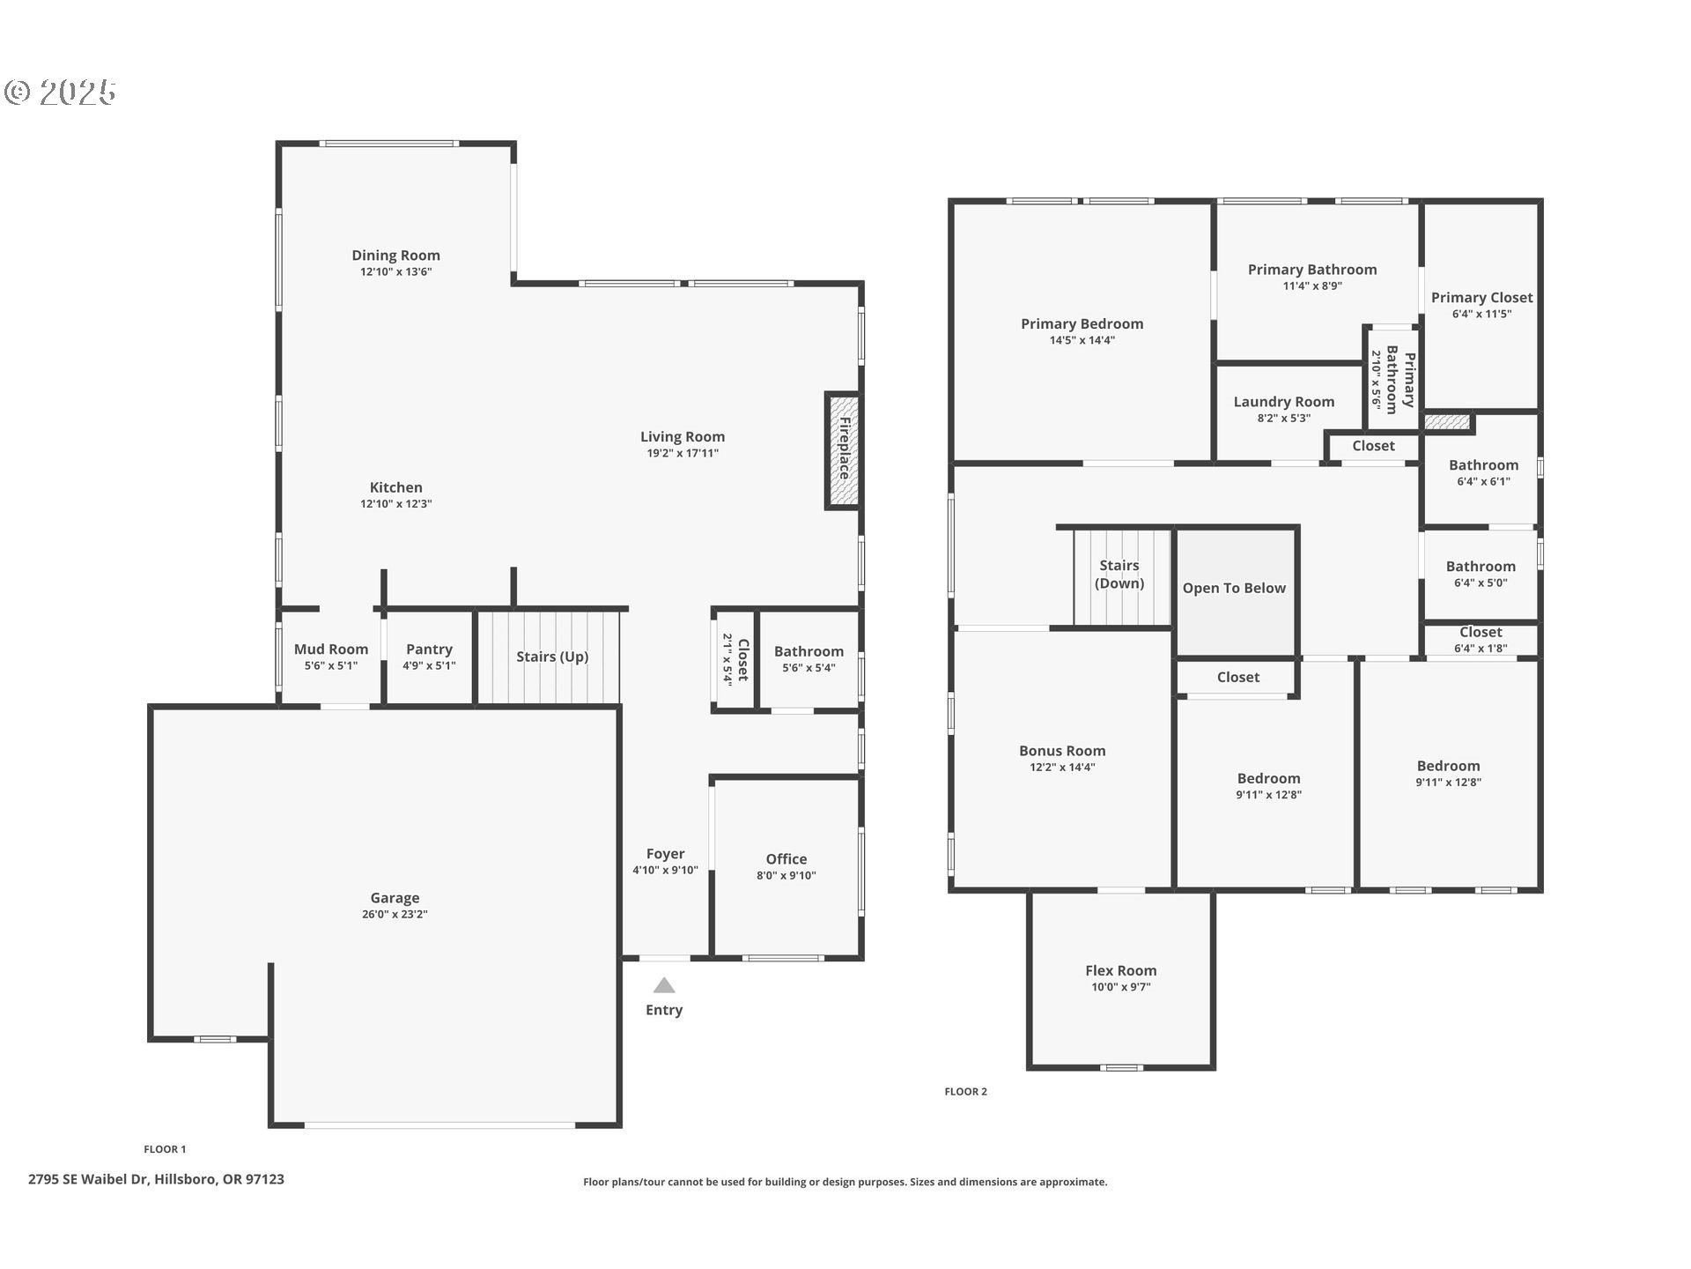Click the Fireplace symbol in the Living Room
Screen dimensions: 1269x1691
(842, 450)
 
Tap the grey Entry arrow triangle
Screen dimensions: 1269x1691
(664, 985)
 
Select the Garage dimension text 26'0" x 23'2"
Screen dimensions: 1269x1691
(395, 915)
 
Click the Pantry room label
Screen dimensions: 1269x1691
(429, 649)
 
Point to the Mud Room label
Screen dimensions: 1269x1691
(331, 649)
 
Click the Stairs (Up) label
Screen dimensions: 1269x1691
(552, 657)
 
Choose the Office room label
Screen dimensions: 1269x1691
(786, 859)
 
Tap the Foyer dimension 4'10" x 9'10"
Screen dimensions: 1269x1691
(665, 871)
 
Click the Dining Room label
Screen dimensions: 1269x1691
(395, 256)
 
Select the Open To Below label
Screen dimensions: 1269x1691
(1234, 589)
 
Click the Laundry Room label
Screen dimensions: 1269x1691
(1283, 402)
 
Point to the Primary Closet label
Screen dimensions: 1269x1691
(1481, 298)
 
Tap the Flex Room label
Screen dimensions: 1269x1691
(1120, 971)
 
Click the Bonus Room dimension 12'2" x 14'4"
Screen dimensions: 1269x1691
(1062, 768)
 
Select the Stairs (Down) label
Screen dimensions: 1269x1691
(1119, 575)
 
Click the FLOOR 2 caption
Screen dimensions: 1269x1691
(965, 1092)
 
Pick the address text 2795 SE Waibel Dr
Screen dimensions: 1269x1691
(88, 1179)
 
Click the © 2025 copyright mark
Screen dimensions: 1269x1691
(60, 92)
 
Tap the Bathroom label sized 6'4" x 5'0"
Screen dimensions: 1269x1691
(1481, 567)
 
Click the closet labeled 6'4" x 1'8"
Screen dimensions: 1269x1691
(1481, 640)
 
